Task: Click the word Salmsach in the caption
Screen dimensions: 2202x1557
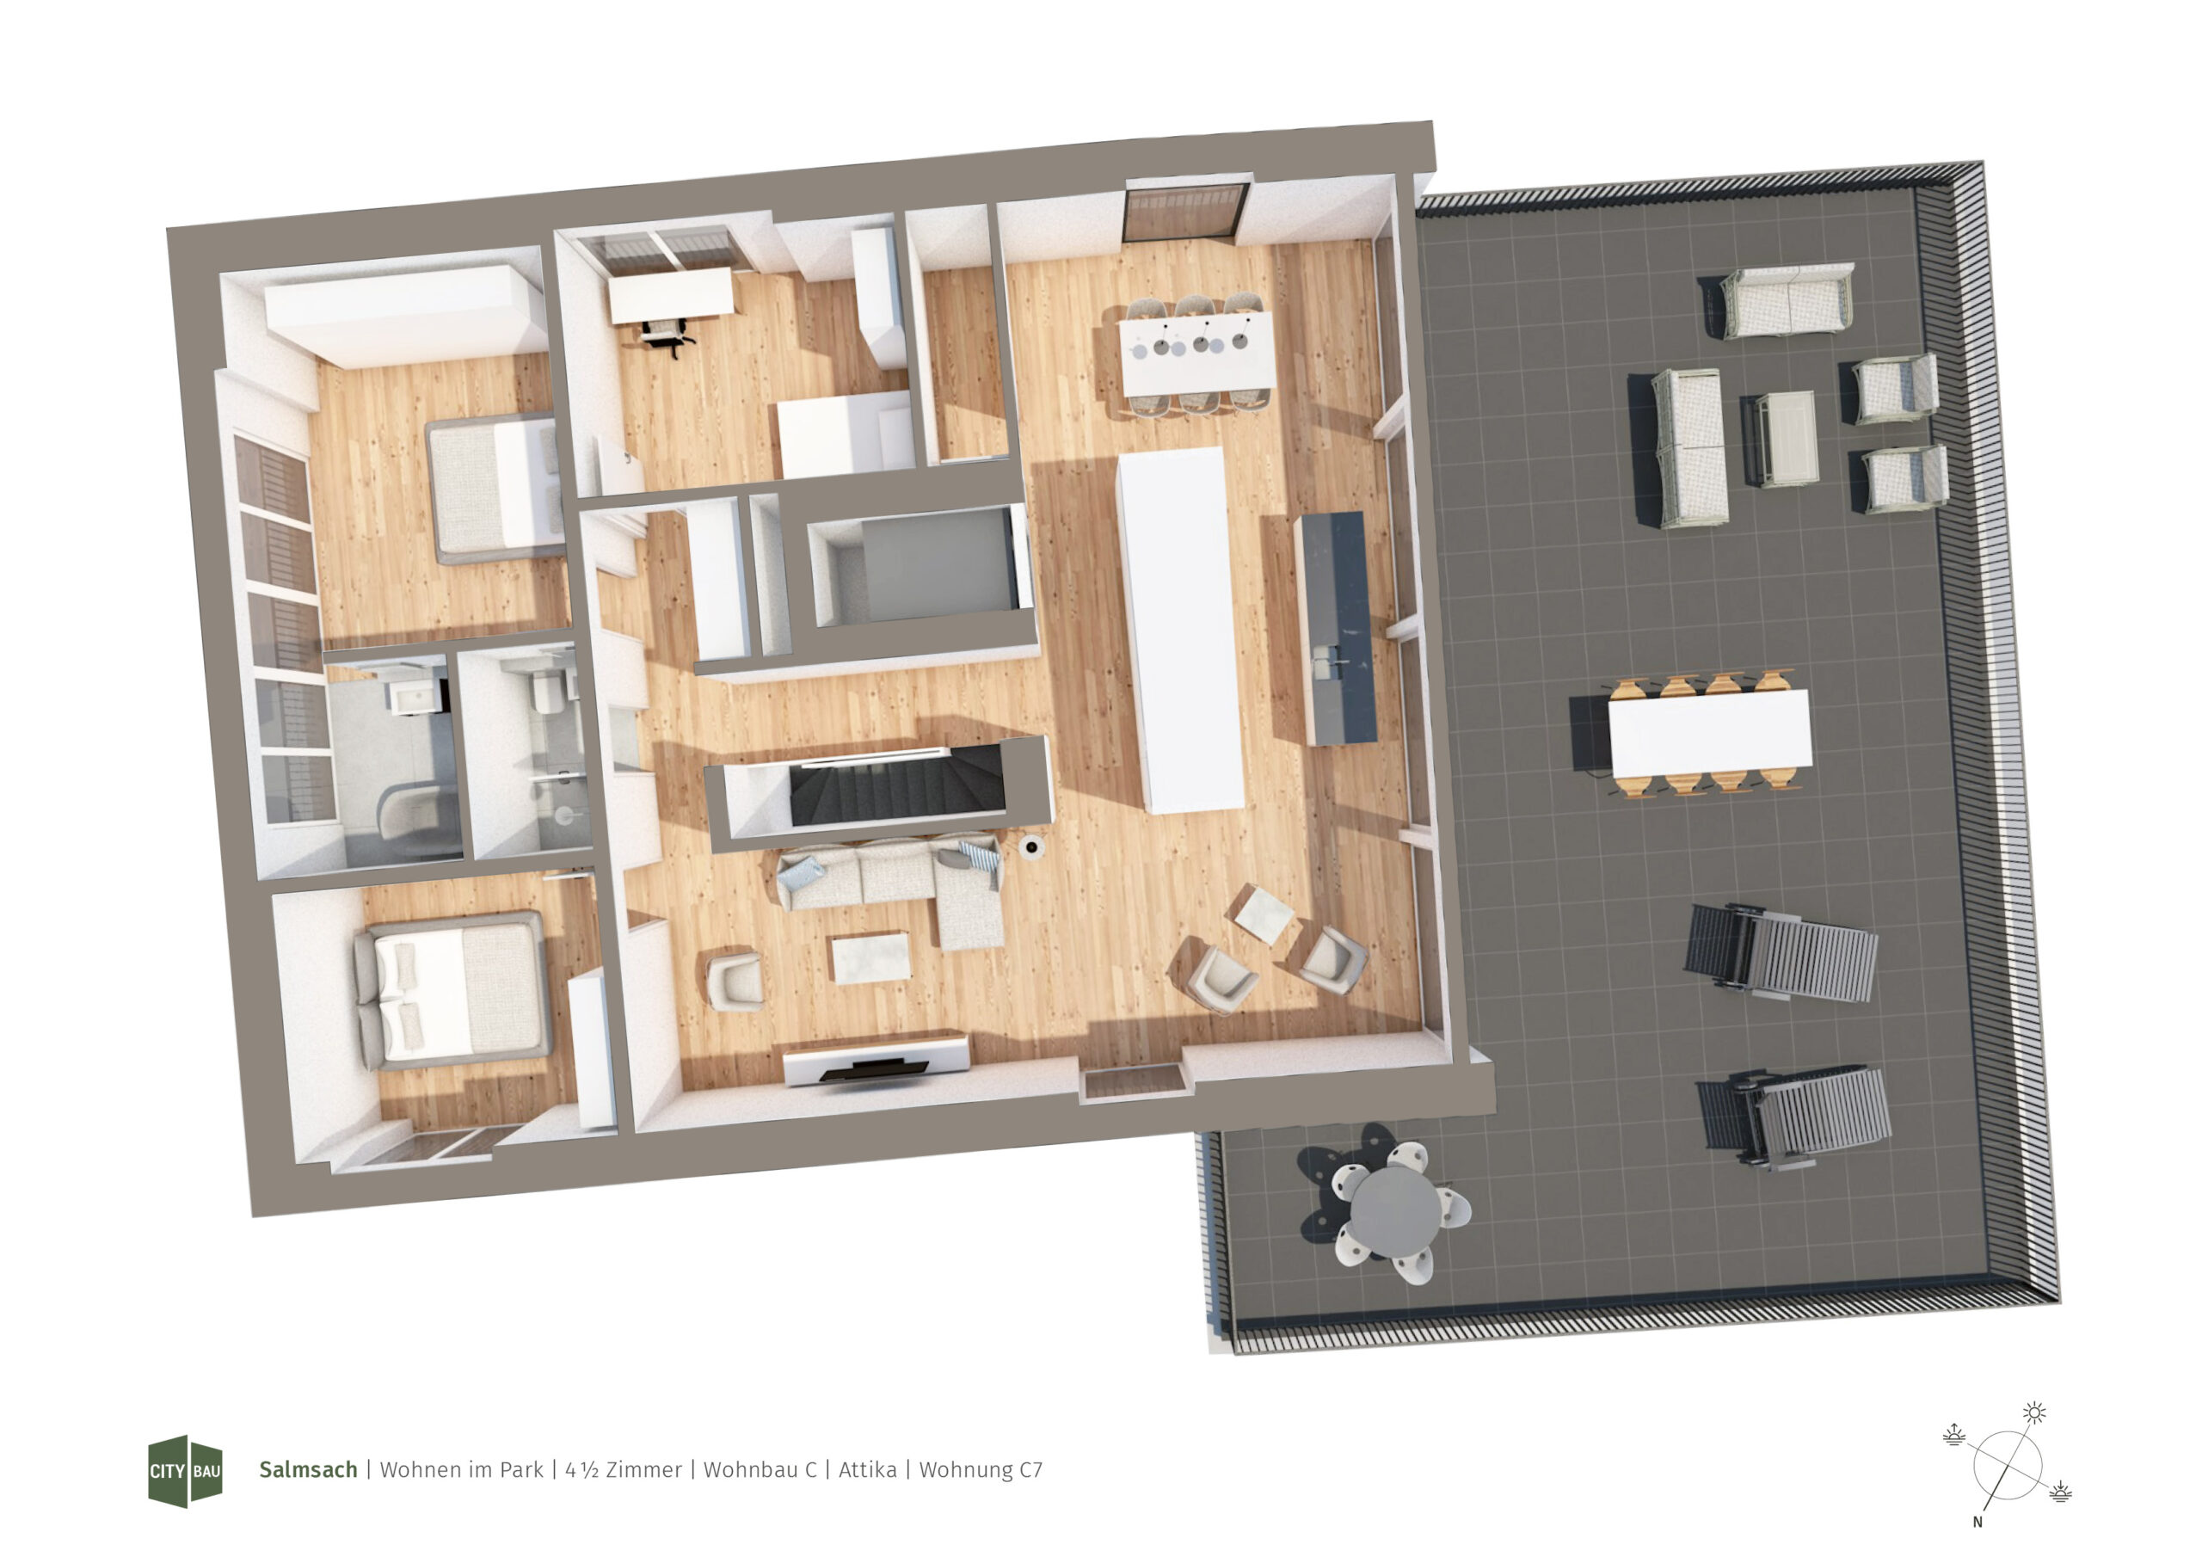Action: click(x=308, y=1470)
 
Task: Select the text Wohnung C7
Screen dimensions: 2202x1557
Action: click(x=981, y=1471)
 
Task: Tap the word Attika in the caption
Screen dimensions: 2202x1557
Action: click(x=868, y=1470)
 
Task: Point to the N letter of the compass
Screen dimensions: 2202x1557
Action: click(x=1977, y=1522)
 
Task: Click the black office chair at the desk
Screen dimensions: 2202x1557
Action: click(x=667, y=335)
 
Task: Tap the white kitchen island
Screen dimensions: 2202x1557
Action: click(x=1179, y=631)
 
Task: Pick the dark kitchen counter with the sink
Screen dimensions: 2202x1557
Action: click(x=1335, y=628)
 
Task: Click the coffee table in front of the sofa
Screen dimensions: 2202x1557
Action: click(x=870, y=957)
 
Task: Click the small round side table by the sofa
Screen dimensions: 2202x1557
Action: click(x=1031, y=846)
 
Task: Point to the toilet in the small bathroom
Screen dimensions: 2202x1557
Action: click(x=548, y=690)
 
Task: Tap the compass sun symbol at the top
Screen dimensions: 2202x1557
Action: click(x=2034, y=1412)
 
